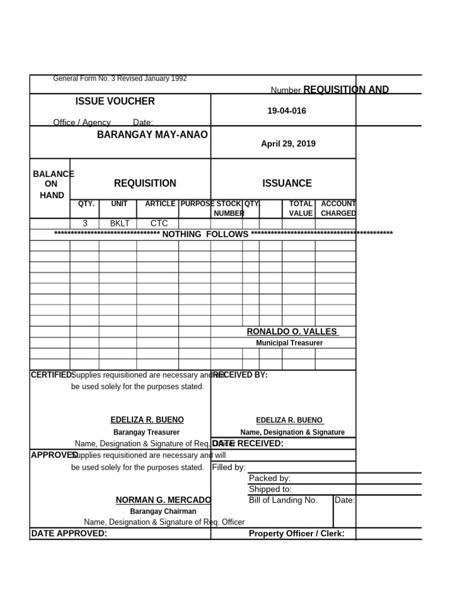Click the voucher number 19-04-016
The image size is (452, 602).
(x=287, y=111)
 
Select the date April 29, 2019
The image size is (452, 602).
(x=288, y=144)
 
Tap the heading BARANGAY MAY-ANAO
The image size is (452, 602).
(x=152, y=135)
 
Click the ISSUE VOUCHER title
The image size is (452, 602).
(x=115, y=101)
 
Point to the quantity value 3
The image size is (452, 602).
(x=85, y=223)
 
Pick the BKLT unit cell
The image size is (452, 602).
(x=119, y=223)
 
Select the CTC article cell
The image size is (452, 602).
(x=159, y=223)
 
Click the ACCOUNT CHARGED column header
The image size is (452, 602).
(x=338, y=209)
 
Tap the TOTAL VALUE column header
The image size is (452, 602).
(x=301, y=209)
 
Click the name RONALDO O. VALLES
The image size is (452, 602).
(x=292, y=332)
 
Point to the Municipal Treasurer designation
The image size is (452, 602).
(x=289, y=343)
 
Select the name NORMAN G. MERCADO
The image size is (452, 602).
(x=163, y=500)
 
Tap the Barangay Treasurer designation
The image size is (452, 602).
(x=147, y=432)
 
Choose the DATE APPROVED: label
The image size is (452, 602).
(x=69, y=533)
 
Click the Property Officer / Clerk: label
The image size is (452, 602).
(x=296, y=534)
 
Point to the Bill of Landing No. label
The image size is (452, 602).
(x=283, y=500)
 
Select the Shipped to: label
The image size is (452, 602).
(x=270, y=489)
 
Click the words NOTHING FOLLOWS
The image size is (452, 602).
(x=205, y=235)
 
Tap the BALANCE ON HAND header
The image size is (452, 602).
(x=52, y=185)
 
